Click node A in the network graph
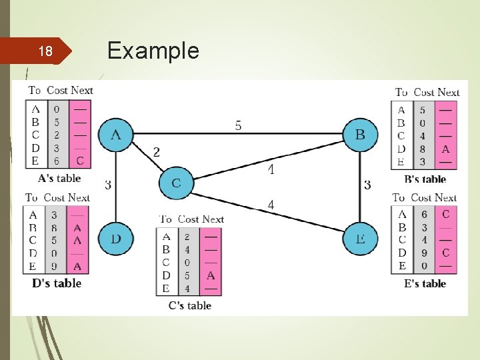[x=115, y=135]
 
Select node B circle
[x=359, y=135]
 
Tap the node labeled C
[x=176, y=183]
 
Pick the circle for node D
[x=115, y=238]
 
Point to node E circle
[x=359, y=238]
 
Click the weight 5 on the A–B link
[x=238, y=125]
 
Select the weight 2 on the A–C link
[x=156, y=153]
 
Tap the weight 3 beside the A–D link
[x=107, y=185]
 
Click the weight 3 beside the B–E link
[x=367, y=185]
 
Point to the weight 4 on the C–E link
[x=271, y=205]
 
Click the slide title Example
[x=153, y=51]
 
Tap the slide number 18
[x=45, y=51]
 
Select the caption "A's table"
[x=59, y=178]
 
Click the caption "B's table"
[x=425, y=179]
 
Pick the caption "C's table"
[x=189, y=305]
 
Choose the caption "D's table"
[x=57, y=283]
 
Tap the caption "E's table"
[x=425, y=283]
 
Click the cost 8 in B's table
[x=422, y=149]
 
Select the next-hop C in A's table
[x=80, y=161]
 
